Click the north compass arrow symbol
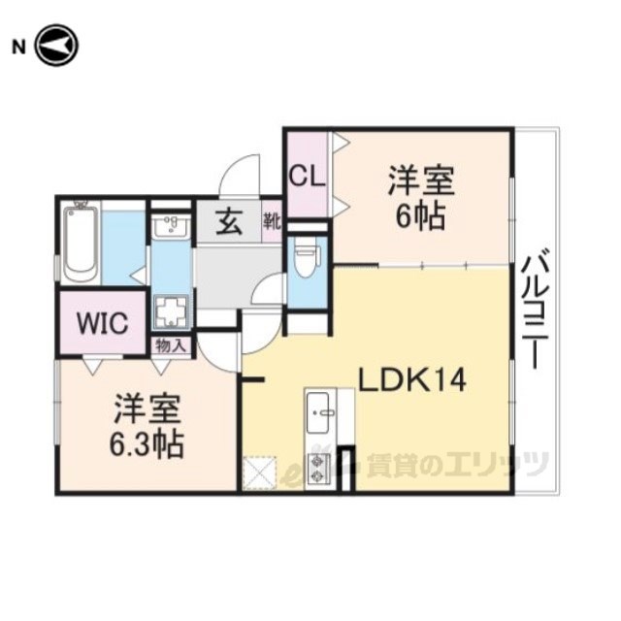(x=56, y=46)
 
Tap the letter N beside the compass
(x=18, y=48)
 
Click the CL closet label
(x=307, y=177)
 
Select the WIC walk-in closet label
(x=102, y=323)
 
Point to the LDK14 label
(x=411, y=379)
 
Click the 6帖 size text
(x=420, y=216)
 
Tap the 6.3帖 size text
(x=147, y=444)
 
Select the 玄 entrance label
(x=229, y=223)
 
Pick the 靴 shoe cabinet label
(x=272, y=221)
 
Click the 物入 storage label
(x=171, y=346)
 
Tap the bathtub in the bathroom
(x=81, y=242)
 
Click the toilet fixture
(x=308, y=260)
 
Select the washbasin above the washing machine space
(x=171, y=227)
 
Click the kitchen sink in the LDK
(x=320, y=412)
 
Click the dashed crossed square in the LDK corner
(x=259, y=473)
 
